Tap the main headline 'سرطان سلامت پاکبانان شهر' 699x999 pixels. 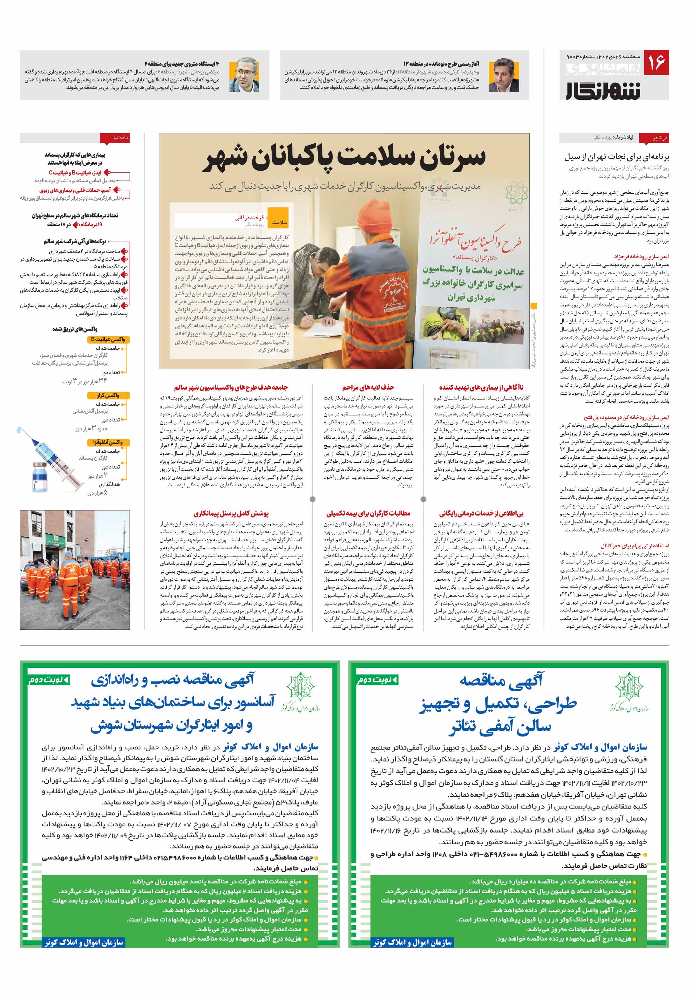point(344,158)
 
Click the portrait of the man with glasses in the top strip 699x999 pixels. point(244,75)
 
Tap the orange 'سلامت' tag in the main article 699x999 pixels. point(279,222)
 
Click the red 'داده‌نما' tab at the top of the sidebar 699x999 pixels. point(114,138)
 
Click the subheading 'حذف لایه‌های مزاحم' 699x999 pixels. point(368,387)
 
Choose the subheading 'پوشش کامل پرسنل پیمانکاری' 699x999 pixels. point(231,513)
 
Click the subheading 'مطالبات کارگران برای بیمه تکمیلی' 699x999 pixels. point(368,513)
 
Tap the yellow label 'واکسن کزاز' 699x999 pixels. point(108,395)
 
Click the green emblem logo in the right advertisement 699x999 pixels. point(629,687)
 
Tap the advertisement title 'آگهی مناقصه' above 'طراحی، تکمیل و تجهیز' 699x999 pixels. point(501,680)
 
